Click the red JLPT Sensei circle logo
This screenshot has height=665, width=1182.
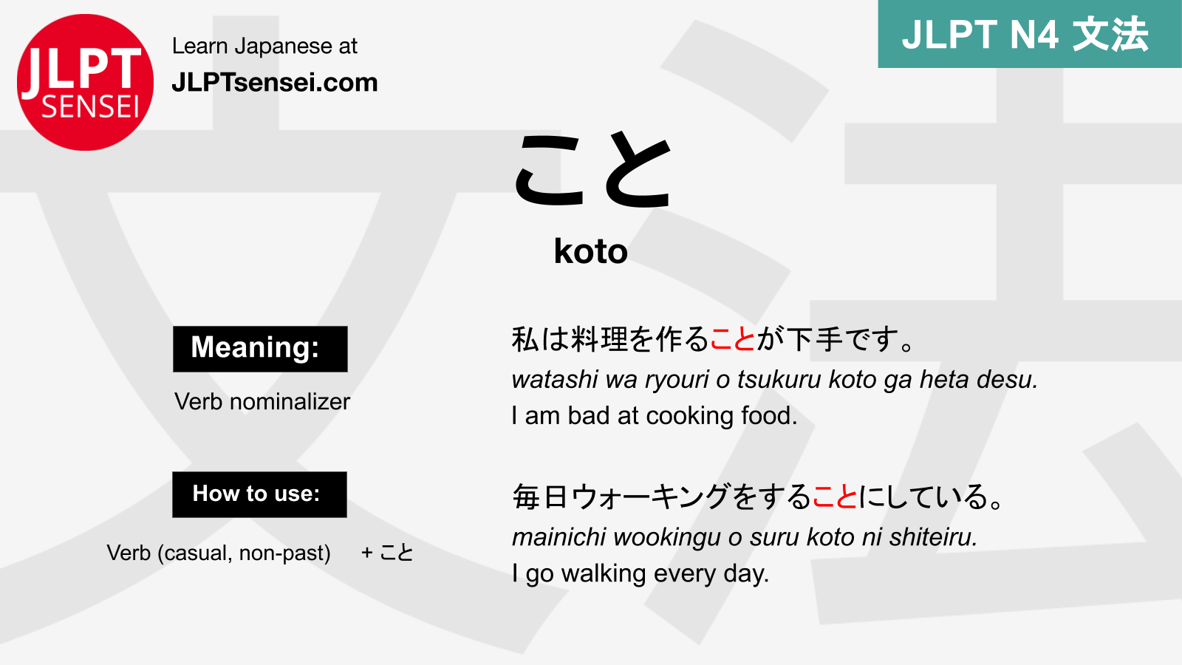coord(85,82)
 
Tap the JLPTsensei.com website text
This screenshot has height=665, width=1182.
coord(274,82)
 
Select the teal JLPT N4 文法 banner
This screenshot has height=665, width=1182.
coord(1029,34)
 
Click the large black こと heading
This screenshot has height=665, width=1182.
coord(592,171)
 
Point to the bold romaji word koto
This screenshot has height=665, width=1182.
coord(591,251)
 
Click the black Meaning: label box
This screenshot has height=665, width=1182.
coord(260,349)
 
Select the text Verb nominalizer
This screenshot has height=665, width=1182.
coord(262,401)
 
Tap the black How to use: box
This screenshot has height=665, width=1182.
coord(259,494)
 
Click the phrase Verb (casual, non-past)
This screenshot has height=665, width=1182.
coord(219,553)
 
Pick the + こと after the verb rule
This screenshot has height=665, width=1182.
coord(387,553)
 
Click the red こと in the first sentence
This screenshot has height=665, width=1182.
coord(732,340)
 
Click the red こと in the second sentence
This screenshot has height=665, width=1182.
coord(835,497)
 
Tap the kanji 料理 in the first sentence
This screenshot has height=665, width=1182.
coord(600,340)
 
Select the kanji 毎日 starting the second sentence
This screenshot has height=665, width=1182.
coord(540,497)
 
